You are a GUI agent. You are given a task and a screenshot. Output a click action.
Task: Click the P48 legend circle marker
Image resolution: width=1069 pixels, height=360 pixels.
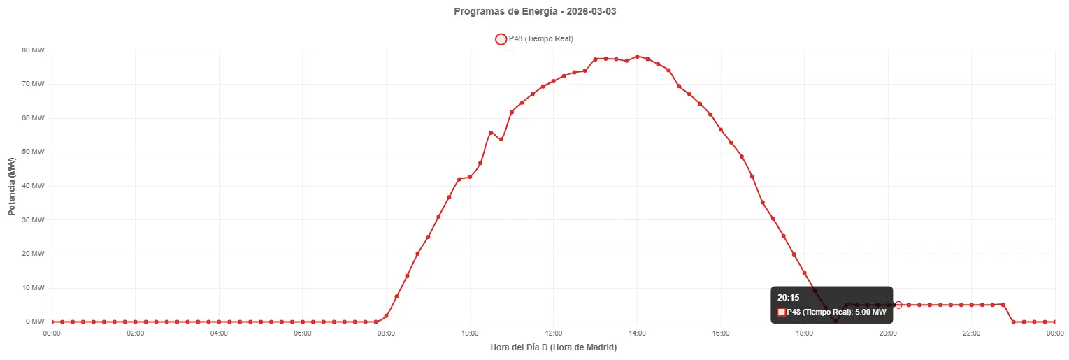[x=501, y=39]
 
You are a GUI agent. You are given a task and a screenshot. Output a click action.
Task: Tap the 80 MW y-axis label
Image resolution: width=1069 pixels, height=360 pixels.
[x=34, y=50]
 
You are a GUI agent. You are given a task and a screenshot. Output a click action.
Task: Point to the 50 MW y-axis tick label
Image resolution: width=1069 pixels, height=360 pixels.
[x=34, y=152]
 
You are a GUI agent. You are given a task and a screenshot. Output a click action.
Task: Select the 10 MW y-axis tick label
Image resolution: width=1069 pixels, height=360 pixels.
[x=34, y=288]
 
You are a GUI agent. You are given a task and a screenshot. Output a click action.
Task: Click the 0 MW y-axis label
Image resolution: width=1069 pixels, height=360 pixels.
[x=36, y=322]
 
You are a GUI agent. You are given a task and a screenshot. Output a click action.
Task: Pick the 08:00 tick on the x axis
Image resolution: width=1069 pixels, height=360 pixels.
[x=386, y=333]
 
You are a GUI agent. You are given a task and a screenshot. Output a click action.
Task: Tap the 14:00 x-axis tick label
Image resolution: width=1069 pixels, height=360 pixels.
[x=637, y=333]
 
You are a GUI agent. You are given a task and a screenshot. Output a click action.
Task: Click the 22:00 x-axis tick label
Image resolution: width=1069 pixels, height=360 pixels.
[x=972, y=333]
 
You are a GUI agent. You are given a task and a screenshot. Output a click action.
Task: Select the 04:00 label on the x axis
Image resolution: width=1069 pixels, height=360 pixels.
[x=219, y=333]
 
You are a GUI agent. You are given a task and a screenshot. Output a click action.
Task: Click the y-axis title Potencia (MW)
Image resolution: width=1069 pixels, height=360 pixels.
[x=12, y=187]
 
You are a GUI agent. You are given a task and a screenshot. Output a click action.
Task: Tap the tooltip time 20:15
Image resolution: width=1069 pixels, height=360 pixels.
[x=789, y=298]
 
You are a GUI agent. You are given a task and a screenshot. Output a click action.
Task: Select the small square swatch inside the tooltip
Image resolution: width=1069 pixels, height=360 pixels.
[x=781, y=312]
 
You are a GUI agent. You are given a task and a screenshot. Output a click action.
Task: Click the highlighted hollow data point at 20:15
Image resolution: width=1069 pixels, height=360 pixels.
[x=898, y=305]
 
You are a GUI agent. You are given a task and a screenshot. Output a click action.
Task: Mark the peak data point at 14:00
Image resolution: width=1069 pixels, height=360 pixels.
[x=637, y=57]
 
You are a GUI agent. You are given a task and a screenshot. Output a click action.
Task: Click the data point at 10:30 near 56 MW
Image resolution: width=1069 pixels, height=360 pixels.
[x=491, y=132]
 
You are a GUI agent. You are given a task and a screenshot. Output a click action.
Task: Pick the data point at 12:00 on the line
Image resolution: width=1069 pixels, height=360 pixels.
[x=554, y=81]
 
